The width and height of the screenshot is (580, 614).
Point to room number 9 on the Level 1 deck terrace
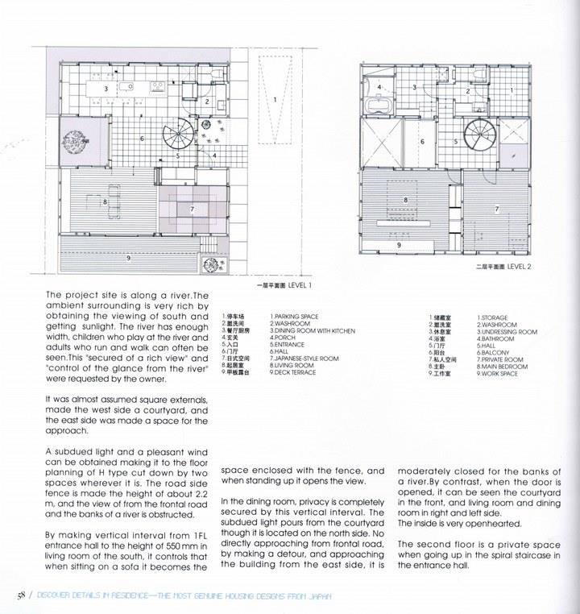129,258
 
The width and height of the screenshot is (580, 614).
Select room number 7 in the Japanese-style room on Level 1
192,210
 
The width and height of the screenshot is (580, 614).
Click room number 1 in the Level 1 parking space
275,99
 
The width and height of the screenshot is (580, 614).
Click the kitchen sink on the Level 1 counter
127,87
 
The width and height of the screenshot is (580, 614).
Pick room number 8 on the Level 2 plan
405,200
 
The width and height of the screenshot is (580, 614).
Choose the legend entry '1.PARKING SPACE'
293,317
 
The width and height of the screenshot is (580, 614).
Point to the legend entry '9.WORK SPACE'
497,374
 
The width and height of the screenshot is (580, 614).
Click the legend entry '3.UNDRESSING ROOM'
507,332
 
